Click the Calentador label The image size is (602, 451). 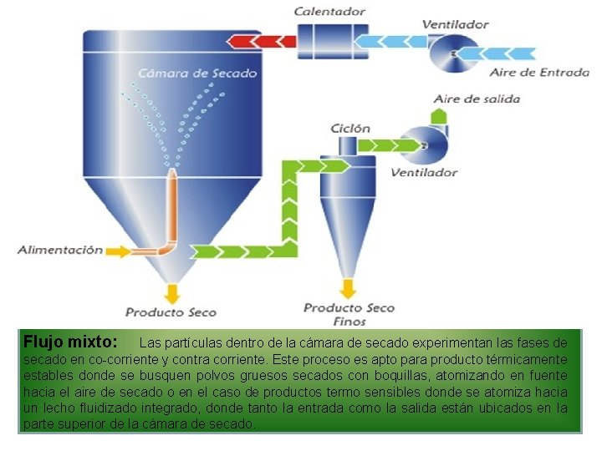[329, 12]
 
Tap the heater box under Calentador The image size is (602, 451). [328, 39]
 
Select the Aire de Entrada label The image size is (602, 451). [538, 73]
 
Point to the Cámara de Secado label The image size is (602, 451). [197, 73]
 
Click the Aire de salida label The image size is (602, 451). [477, 99]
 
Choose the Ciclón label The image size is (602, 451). [350, 128]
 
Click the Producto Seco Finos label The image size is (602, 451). [349, 313]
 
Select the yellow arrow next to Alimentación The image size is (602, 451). [120, 250]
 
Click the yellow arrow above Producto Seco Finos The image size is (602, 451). [349, 288]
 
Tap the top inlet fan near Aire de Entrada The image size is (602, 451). [453, 53]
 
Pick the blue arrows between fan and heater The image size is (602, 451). [391, 39]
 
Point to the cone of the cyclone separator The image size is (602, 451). [349, 225]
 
